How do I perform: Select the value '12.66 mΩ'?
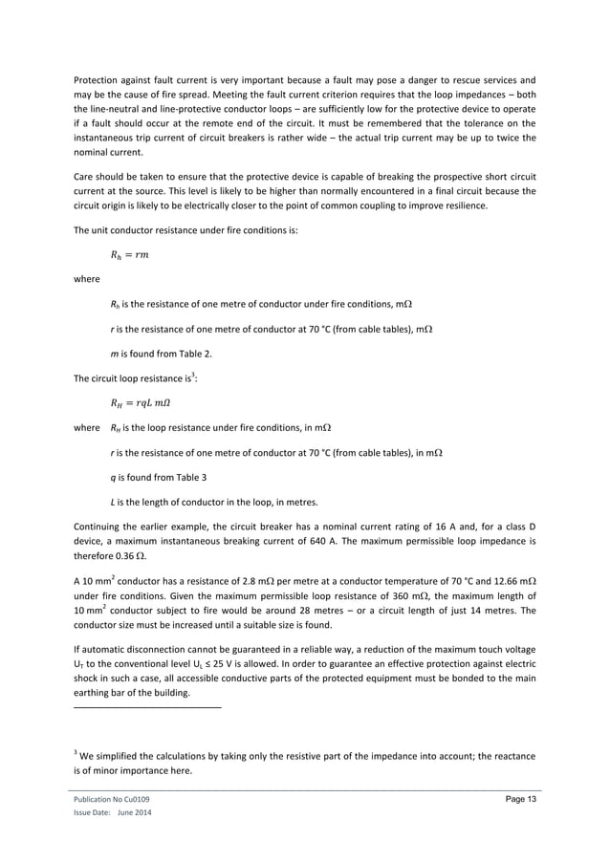tap(508, 580)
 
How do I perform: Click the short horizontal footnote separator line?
tap(147, 707)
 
